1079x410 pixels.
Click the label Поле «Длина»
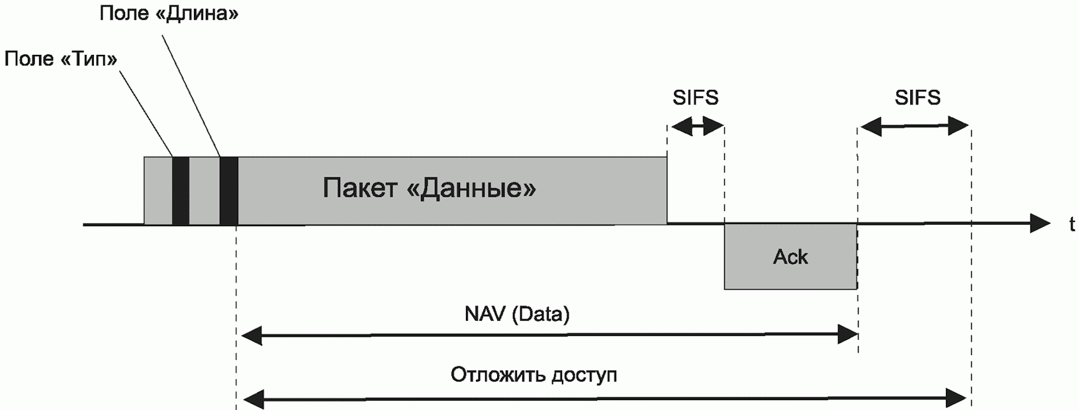169,14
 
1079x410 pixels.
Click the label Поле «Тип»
61,59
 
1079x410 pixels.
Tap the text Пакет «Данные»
429,188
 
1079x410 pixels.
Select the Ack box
790,257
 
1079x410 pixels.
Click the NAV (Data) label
517,313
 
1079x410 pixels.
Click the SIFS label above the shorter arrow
696,98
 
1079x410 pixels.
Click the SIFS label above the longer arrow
917,98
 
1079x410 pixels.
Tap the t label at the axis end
1072,224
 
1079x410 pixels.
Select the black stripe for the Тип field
181,190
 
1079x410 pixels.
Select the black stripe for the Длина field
229,190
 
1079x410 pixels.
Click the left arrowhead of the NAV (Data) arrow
251,335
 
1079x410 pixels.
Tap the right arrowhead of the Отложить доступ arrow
956,397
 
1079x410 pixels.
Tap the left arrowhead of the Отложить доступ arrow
254,397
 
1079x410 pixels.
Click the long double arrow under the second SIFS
914,127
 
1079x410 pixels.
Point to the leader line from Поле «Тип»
146,113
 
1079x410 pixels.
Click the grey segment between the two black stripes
205,190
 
